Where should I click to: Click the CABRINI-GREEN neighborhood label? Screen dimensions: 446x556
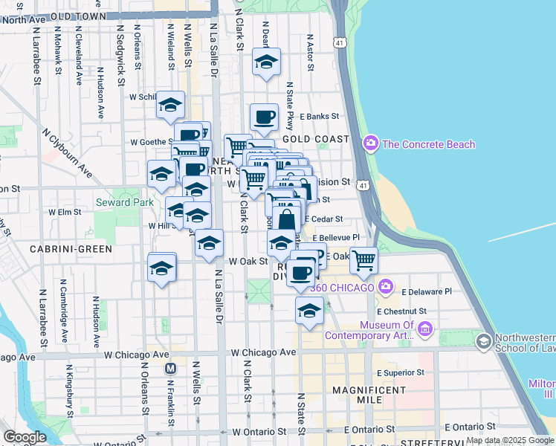coord(71,248)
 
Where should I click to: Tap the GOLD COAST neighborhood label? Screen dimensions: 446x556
coord(316,139)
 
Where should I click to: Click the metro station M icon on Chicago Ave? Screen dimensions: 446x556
coord(171,368)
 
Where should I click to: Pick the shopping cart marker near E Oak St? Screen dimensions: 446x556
coord(363,260)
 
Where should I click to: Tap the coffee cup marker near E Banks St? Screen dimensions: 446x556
coord(264,117)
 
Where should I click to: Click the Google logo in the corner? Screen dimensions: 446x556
coord(25,437)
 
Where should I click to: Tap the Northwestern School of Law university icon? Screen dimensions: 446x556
coord(484,341)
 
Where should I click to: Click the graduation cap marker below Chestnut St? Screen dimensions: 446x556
coord(309,311)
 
